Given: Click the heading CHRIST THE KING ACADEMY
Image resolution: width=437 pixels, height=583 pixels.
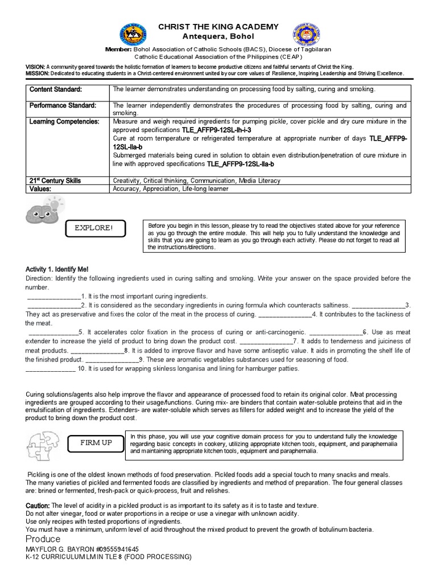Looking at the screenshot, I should coord(218,27).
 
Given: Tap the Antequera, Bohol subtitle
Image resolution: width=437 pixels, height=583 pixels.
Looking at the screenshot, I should coord(218,36).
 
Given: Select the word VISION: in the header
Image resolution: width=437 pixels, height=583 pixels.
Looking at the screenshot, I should coord(35,67).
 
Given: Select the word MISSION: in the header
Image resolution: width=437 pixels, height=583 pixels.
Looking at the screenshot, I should coord(37,73).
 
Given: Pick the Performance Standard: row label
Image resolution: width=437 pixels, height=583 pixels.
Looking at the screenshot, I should coord(63,106).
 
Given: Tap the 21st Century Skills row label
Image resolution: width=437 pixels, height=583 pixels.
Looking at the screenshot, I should coord(55,180).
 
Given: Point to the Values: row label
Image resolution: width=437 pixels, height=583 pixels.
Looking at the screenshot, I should coord(40,188).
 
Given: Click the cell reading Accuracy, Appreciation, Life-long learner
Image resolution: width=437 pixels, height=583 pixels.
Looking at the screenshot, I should coord(171,188).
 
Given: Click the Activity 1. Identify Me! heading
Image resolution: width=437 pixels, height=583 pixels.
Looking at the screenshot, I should coord(57,269).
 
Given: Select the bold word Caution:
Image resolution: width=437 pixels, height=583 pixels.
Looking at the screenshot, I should coord(38,506).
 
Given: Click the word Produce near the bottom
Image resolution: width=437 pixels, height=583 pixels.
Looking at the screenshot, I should coord(43,539).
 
